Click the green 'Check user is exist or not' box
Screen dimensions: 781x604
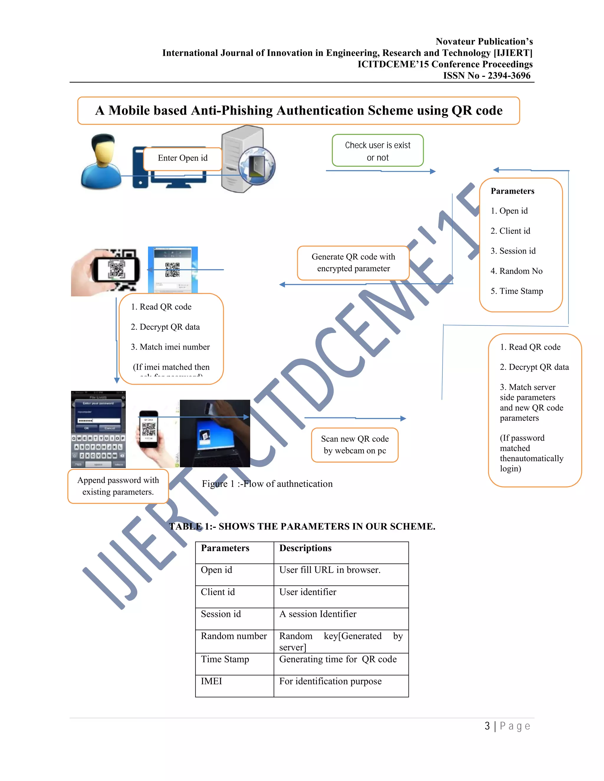point(377,151)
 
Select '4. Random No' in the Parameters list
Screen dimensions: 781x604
point(516,271)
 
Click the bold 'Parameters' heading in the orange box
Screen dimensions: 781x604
point(512,191)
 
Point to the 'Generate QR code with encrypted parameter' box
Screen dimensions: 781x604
point(353,263)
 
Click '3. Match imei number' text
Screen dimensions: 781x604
point(170,347)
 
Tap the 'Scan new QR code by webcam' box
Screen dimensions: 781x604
point(354,445)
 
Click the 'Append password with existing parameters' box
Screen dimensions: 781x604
point(118,486)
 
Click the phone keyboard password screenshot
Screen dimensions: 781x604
point(99,429)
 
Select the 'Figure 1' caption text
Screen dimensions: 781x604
point(267,484)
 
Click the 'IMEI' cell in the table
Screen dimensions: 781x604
point(211,681)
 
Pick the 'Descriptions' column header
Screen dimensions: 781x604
point(305,548)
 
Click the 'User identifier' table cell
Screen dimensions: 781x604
point(308,592)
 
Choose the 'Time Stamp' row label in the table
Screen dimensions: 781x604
point(225,659)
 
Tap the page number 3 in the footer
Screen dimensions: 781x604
point(487,726)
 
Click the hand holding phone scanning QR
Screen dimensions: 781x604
point(106,272)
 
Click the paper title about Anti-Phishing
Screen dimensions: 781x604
point(298,111)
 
